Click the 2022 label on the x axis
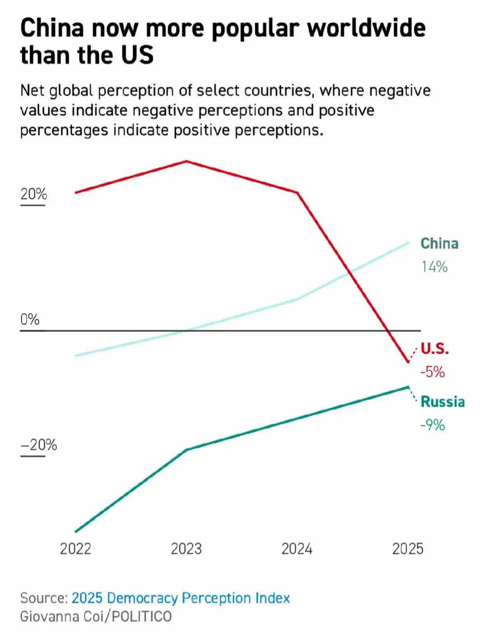pyautogui.click(x=75, y=549)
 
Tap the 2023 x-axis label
pyautogui.click(x=186, y=549)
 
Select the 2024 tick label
pyautogui.click(x=297, y=549)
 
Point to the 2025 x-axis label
pyautogui.click(x=408, y=549)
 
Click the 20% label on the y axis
pyautogui.click(x=33, y=194)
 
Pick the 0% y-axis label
pyautogui.click(x=30, y=319)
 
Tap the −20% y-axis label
pyautogui.click(x=39, y=445)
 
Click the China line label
pyautogui.click(x=439, y=243)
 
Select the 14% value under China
pyautogui.click(x=434, y=267)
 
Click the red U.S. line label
pyautogui.click(x=435, y=348)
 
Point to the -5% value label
pyautogui.click(x=432, y=372)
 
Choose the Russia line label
pyautogui.click(x=443, y=402)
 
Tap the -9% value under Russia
pyautogui.click(x=432, y=425)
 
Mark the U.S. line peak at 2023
pyautogui.click(x=186, y=161)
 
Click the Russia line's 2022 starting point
pyautogui.click(x=76, y=532)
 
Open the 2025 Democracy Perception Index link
pyautogui.click(x=181, y=598)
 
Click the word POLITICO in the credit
pyautogui.click(x=142, y=617)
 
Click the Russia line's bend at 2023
pyautogui.click(x=187, y=450)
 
